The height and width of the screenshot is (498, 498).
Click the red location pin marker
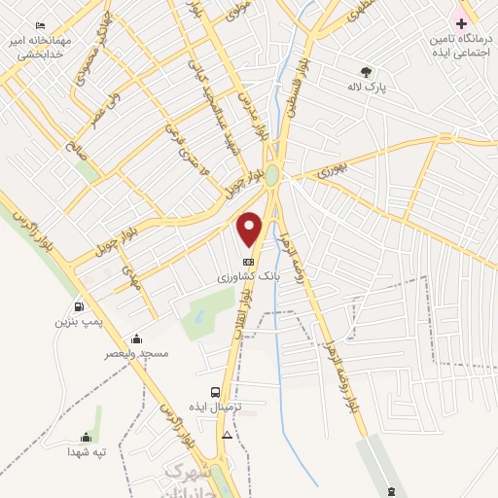coord(250,228)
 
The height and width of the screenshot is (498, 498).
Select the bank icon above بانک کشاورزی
coord(249,262)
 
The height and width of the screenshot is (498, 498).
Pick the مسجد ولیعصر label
coord(136,353)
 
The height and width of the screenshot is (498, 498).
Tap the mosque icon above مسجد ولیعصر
coord(136,338)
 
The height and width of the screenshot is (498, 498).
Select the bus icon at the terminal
coord(215,393)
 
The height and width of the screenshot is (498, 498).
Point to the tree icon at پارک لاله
coord(366,71)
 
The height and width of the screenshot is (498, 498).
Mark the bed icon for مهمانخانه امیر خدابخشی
coord(40,25)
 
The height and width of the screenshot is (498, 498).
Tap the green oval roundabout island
coord(273,175)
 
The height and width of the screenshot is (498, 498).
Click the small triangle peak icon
coord(227,434)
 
